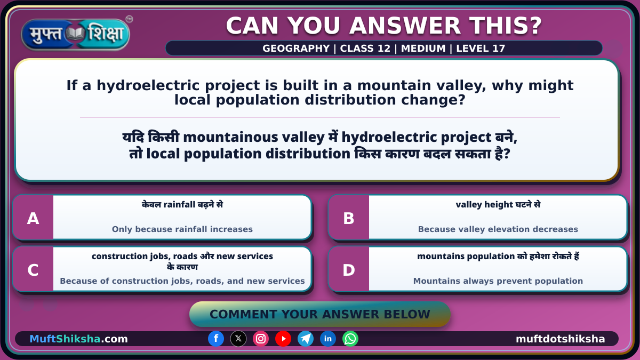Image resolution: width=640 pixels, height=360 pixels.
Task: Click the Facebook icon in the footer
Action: [x=216, y=339]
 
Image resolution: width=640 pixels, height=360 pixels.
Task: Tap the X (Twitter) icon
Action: [x=238, y=339]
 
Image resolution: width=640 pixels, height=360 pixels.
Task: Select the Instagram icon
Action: [x=261, y=339]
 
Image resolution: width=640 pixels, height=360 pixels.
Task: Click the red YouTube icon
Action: [x=283, y=339]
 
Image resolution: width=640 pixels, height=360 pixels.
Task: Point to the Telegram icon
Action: [x=306, y=339]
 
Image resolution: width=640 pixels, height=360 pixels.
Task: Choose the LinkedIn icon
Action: [x=327, y=339]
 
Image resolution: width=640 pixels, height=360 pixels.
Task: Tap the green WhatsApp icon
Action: [x=350, y=339]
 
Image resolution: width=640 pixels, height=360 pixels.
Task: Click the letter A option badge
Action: [x=33, y=218]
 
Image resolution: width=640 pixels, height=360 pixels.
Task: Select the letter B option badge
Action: [x=349, y=218]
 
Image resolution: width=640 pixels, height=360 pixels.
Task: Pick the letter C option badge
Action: [x=33, y=270]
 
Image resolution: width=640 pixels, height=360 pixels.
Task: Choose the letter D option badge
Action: [x=349, y=270]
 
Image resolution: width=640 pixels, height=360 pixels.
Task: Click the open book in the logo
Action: [x=75, y=34]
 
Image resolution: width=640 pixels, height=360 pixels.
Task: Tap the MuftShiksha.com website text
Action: [x=78, y=339]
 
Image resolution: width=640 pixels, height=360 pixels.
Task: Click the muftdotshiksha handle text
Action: [x=561, y=339]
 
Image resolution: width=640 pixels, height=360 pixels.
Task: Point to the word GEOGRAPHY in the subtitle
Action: [x=296, y=49]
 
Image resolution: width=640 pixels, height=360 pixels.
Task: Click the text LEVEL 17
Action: [x=481, y=49]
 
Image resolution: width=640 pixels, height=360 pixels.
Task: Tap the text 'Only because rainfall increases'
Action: [x=182, y=229]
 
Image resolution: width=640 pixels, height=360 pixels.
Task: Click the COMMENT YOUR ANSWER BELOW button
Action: [x=319, y=314]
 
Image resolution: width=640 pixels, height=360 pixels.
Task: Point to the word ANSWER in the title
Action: [x=405, y=26]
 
